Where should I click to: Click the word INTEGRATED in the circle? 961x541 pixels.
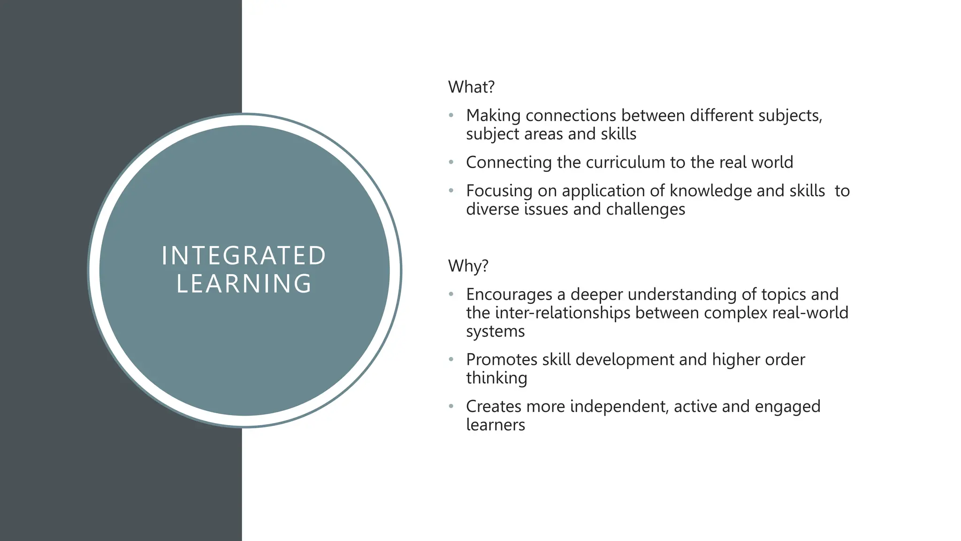pyautogui.click(x=244, y=256)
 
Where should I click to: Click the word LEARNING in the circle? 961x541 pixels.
pyautogui.click(x=244, y=284)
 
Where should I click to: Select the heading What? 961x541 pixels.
pyautogui.click(x=471, y=87)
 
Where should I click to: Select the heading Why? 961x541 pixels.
pyautogui.click(x=468, y=266)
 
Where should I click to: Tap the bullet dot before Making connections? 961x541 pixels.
pyautogui.click(x=451, y=115)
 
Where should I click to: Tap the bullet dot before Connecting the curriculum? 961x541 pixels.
pyautogui.click(x=451, y=162)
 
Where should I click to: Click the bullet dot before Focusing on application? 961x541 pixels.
pyautogui.click(x=451, y=191)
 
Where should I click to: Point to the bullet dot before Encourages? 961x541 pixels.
pyautogui.click(x=451, y=294)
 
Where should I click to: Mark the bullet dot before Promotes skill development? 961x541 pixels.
pyautogui.click(x=451, y=360)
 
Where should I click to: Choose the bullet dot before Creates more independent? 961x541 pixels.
pyautogui.click(x=451, y=406)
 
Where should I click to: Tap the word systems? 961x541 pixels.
pyautogui.click(x=495, y=332)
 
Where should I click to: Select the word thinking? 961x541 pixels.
pyautogui.click(x=496, y=378)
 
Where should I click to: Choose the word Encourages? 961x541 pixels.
pyautogui.click(x=509, y=294)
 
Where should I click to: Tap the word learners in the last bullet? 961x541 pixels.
pyautogui.click(x=495, y=425)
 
